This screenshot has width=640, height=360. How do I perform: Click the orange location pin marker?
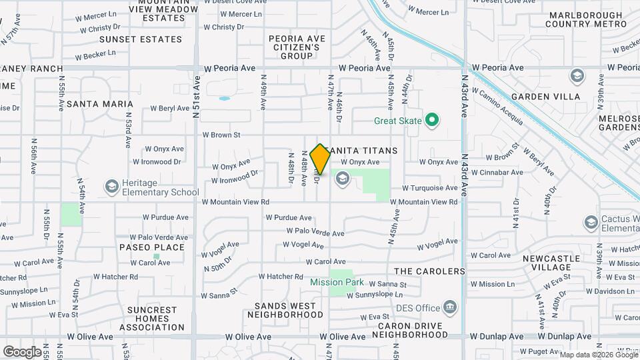pyautogui.click(x=320, y=159)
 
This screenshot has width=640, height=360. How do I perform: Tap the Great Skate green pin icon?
pyautogui.click(x=432, y=121)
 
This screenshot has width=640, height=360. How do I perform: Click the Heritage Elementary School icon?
pyautogui.click(x=111, y=185)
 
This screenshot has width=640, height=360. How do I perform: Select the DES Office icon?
pyautogui.click(x=451, y=307)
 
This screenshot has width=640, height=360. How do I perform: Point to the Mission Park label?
pyautogui.click(x=337, y=282)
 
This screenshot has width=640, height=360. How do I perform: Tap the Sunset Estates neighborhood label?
pyautogui.click(x=141, y=39)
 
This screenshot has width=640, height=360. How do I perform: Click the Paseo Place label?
pyautogui.click(x=152, y=247)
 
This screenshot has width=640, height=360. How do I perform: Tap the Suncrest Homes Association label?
pyautogui.click(x=152, y=319)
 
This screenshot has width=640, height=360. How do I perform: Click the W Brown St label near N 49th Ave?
pyautogui.click(x=221, y=135)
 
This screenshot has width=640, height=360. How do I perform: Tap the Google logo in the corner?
pyautogui.click(x=22, y=351)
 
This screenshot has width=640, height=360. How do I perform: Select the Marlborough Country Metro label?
pyautogui.click(x=586, y=19)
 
